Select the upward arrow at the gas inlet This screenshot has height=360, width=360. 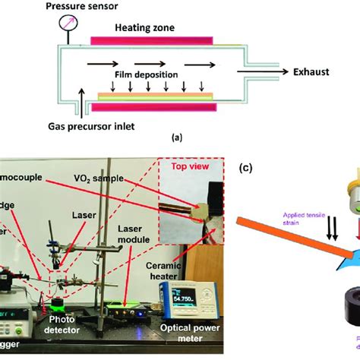click(x=80, y=101)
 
